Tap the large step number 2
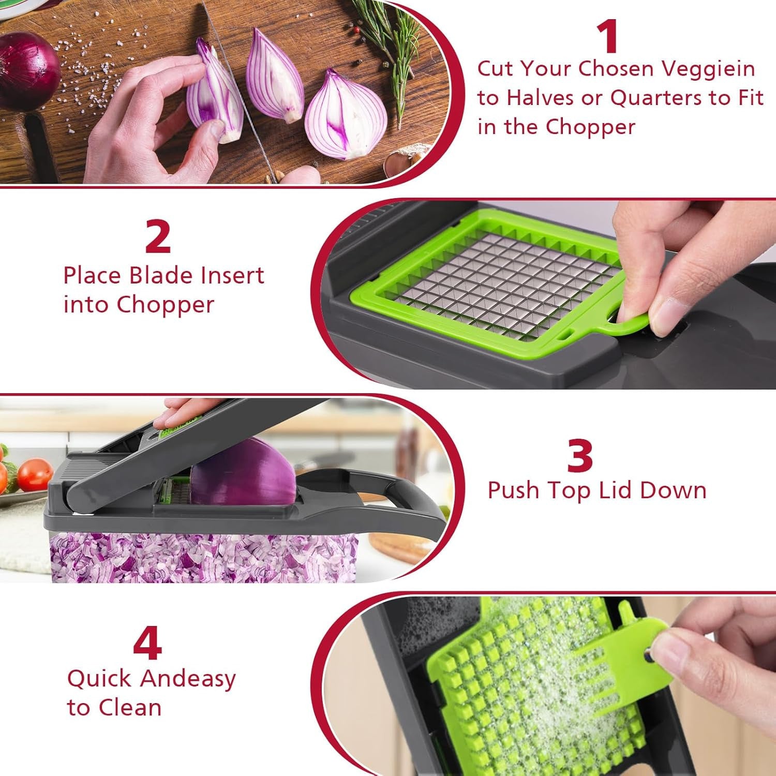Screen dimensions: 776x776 pos(158,236)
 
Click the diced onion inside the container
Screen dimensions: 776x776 pos(202,556)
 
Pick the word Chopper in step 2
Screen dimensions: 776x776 pos(165,305)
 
